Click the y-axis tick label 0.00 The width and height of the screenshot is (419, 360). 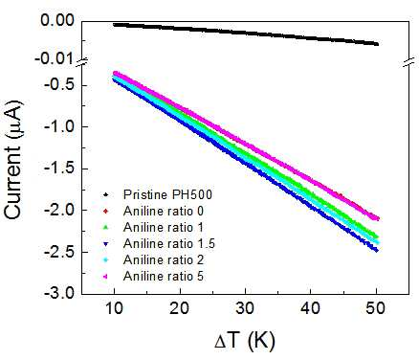(57, 20)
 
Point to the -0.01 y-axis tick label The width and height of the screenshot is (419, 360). (55, 58)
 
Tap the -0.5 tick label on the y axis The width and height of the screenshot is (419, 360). (59, 85)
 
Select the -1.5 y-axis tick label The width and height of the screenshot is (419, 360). (59, 169)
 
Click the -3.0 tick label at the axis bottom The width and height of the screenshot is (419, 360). (59, 293)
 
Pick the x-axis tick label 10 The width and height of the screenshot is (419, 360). (114, 308)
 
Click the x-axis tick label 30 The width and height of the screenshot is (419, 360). (245, 308)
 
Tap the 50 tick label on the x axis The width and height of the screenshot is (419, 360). (376, 308)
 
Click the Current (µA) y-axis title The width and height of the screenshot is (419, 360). (12, 160)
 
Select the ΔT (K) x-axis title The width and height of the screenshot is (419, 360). (245, 341)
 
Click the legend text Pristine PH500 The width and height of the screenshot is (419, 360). (167, 194)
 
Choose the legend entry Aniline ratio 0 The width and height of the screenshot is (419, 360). (164, 211)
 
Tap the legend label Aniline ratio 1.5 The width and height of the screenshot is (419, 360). (169, 244)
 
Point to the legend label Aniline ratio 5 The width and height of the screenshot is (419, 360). (164, 277)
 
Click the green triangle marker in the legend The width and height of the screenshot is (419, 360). (106, 228)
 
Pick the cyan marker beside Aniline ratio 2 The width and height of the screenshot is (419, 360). (106, 260)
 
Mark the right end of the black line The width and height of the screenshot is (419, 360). (378, 44)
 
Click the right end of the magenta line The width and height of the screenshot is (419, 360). (378, 219)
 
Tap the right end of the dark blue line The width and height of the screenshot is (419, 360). (377, 251)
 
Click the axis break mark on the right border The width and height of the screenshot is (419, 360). (409, 62)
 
